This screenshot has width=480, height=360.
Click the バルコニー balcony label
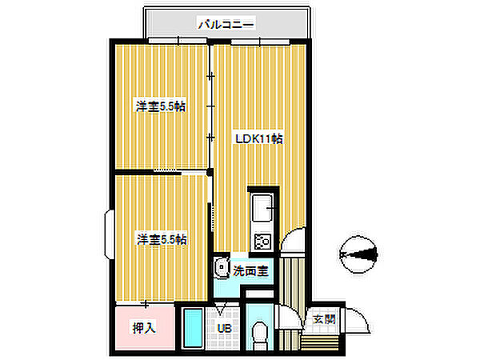point(226,24)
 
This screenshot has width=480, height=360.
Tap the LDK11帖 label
point(259,138)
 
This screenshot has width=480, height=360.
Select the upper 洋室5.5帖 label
point(161,106)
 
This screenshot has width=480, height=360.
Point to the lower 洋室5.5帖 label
point(162,239)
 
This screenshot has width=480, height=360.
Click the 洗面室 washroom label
point(250,270)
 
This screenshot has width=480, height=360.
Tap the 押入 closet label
point(144,327)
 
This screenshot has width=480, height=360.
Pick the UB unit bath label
point(224,329)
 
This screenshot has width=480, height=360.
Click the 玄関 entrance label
point(324,319)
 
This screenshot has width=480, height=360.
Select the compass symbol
point(358,254)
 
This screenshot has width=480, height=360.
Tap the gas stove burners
point(262,241)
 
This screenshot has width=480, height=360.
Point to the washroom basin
point(222,267)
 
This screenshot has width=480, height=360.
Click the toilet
point(260,334)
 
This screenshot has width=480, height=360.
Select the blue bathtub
point(193,328)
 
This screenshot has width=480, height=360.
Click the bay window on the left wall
point(109,234)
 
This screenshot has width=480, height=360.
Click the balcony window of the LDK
point(260,42)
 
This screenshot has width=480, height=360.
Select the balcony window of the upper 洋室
point(178,41)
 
